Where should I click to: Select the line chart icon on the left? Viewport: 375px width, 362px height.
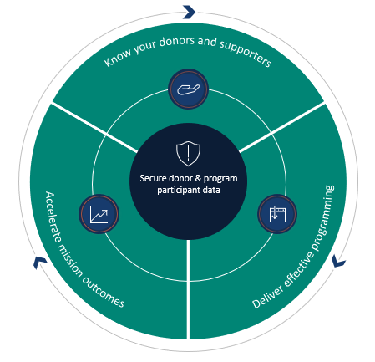(99, 213)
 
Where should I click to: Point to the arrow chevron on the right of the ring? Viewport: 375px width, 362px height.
(338, 262)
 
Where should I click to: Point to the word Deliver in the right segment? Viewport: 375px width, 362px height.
(266, 298)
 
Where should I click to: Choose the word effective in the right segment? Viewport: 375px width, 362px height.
(297, 267)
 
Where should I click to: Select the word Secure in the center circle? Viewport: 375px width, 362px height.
(149, 178)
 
